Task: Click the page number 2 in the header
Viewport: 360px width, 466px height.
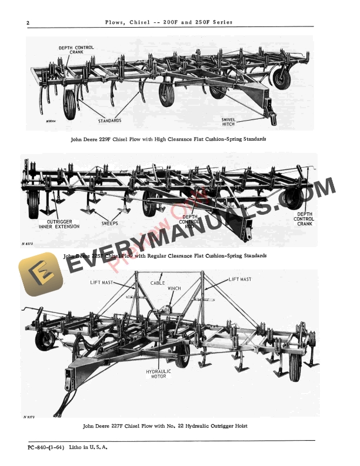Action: [x=28, y=23]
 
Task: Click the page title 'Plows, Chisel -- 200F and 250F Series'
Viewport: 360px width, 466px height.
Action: [x=168, y=22]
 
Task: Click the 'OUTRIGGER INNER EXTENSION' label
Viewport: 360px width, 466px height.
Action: [x=54, y=224]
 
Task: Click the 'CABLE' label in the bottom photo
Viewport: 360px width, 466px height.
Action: [x=158, y=282]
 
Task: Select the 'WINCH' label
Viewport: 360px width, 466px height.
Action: [x=174, y=289]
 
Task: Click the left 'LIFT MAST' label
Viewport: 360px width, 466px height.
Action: [x=102, y=282]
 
